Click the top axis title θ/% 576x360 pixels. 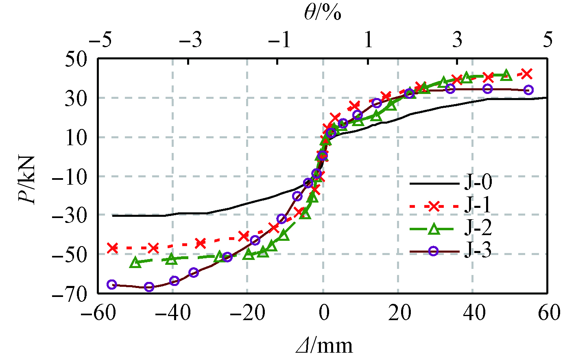coord(322,13)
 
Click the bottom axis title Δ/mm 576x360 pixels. coord(324,346)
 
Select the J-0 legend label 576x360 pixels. coord(478,182)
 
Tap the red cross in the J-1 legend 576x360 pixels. coord(434,206)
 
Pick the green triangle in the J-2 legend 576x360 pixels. coord(434,229)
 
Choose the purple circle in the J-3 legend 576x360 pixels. coord(434,251)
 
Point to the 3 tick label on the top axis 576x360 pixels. coord(458,40)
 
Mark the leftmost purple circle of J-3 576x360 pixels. coord(112,284)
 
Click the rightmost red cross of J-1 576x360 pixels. coord(527,74)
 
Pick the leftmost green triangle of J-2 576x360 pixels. coord(135,263)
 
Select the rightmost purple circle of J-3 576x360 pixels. coord(528,90)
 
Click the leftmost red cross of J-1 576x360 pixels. coord(113,248)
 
